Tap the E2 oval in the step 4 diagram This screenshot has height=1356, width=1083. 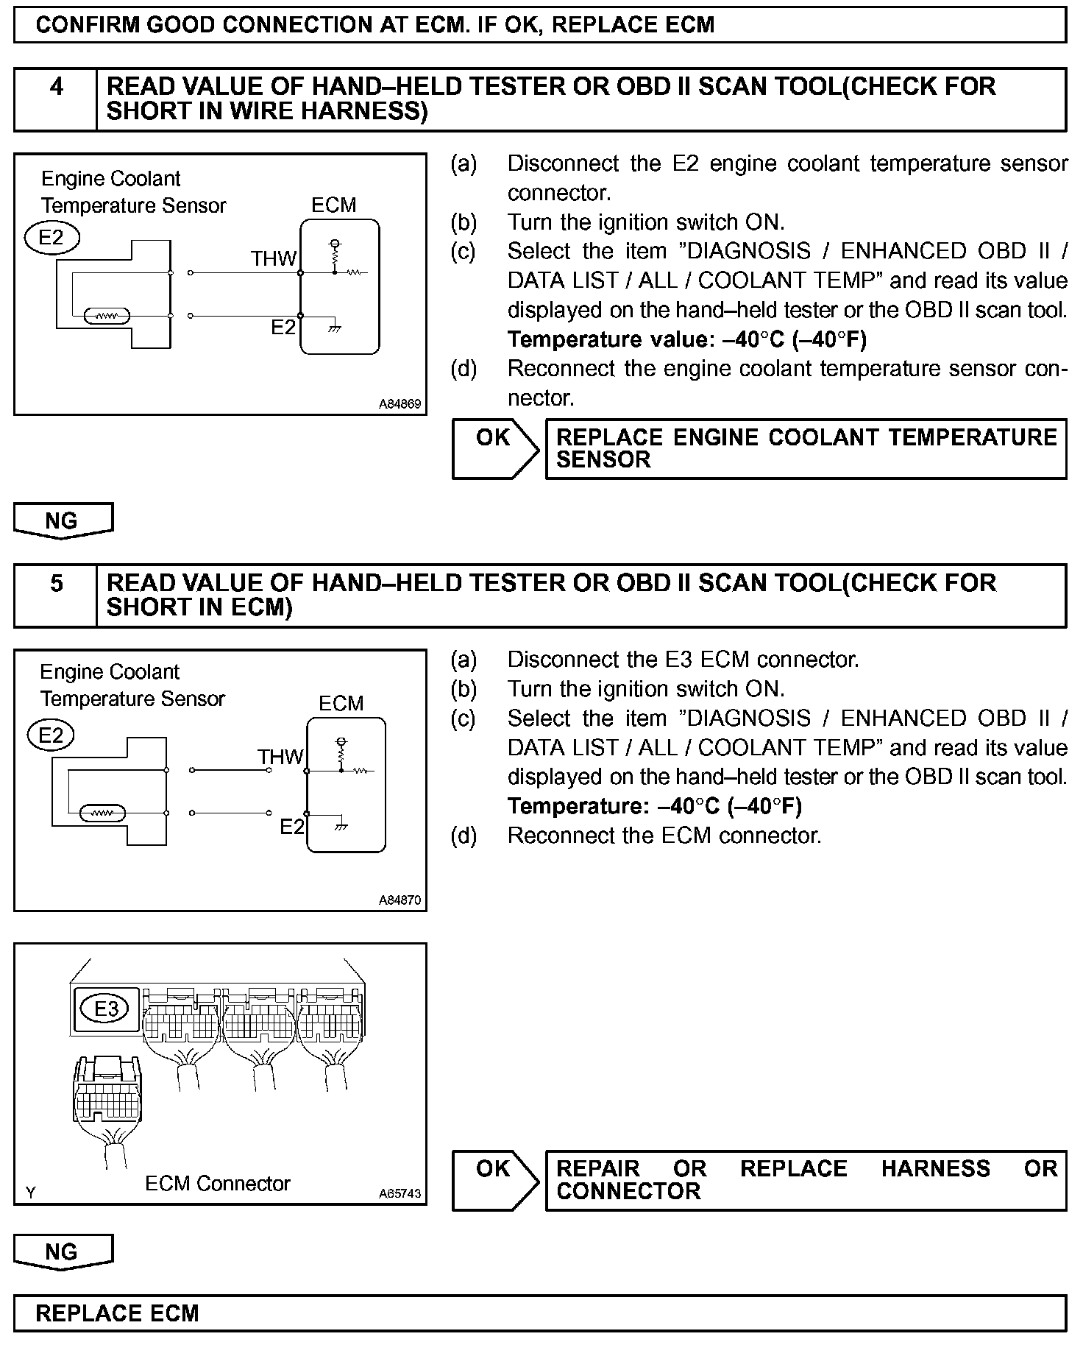[x=52, y=238]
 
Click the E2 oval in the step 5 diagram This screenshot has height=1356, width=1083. [x=52, y=735]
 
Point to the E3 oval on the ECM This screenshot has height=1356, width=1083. [x=107, y=1007]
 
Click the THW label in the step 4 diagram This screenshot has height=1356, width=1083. [x=273, y=258]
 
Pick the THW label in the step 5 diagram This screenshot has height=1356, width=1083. [x=280, y=756]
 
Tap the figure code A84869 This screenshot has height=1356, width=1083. [x=400, y=403]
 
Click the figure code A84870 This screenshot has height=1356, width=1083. [x=400, y=900]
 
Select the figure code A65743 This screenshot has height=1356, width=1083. [x=400, y=1193]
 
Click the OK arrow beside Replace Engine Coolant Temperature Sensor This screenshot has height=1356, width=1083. [x=494, y=448]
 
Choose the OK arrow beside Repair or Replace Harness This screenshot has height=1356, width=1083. [x=494, y=1180]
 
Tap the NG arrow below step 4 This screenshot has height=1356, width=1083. [x=63, y=520]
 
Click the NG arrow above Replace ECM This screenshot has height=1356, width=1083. [x=63, y=1251]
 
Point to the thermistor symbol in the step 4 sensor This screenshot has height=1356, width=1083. [x=108, y=317]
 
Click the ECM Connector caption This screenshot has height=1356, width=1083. [x=218, y=1183]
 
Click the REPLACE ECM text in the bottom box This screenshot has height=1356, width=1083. [x=117, y=1313]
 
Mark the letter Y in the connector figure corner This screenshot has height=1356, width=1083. [x=30, y=1193]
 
